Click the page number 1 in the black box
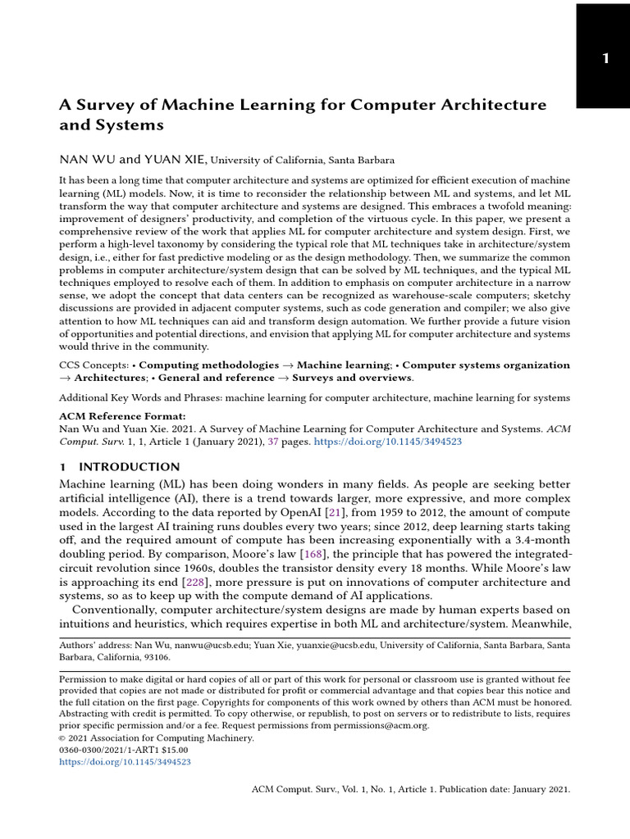pos(605,58)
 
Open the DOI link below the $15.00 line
pos(125,762)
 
